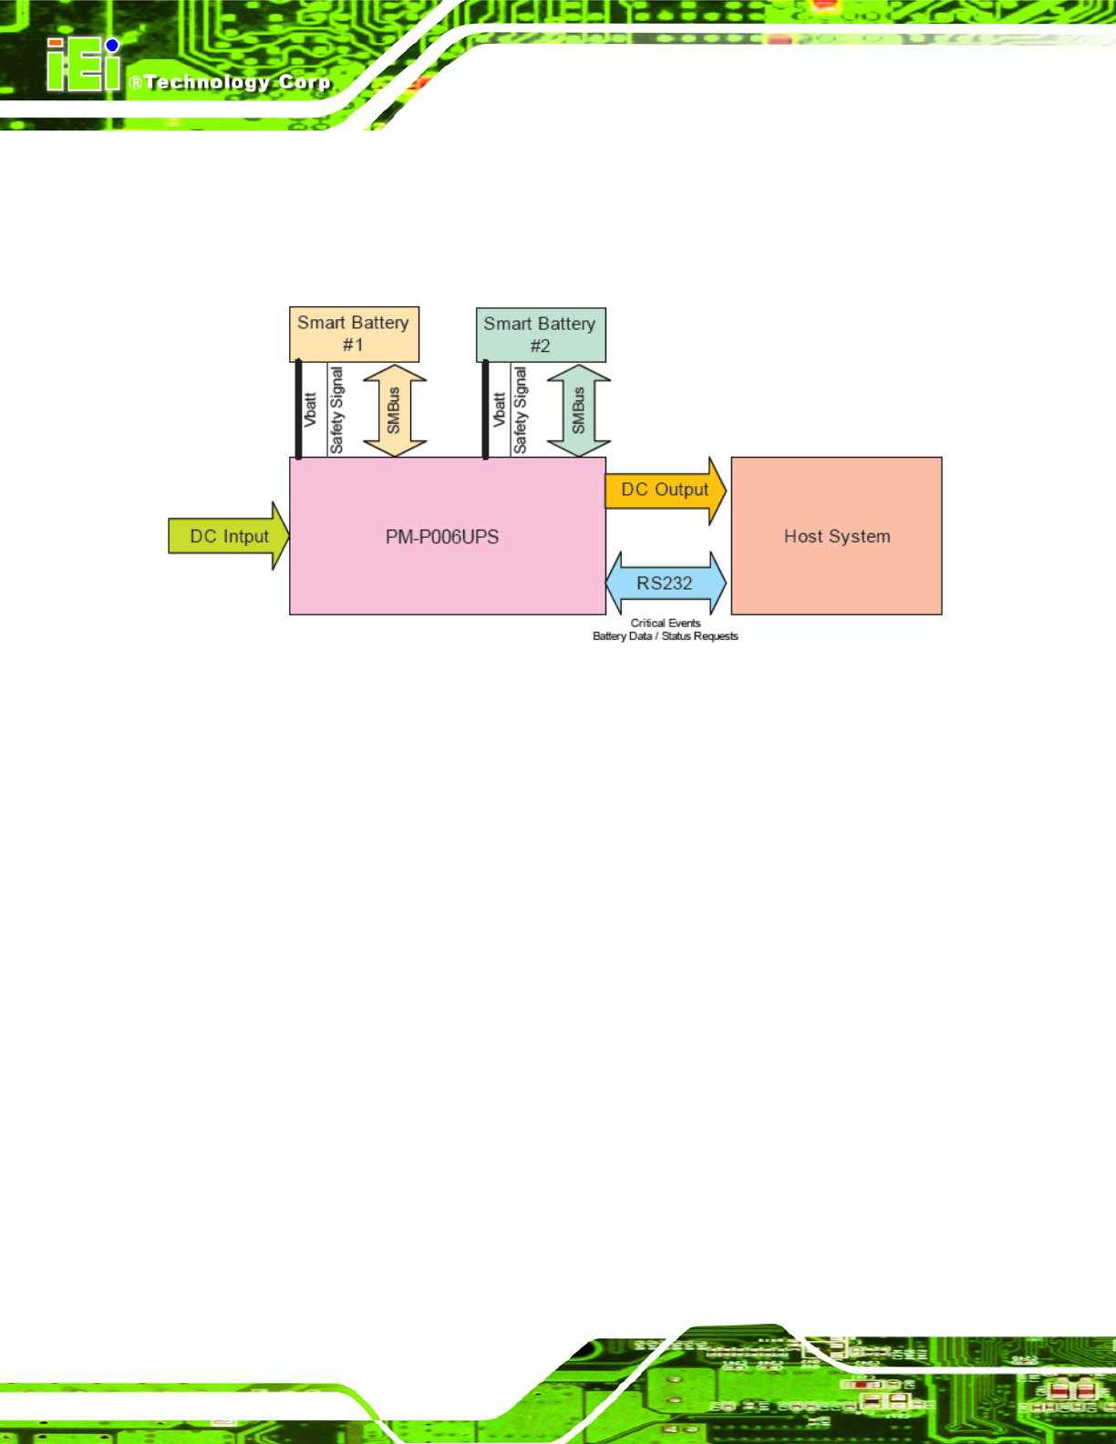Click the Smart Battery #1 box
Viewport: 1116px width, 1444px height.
click(x=354, y=334)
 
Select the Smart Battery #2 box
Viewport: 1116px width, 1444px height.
click(x=540, y=335)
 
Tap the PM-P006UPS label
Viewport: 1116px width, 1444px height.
click(x=442, y=537)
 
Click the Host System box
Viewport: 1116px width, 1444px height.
click(x=836, y=536)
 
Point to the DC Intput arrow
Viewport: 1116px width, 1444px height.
click(x=229, y=536)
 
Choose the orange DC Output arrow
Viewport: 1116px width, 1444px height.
click(x=665, y=490)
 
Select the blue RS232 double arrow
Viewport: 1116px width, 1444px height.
click(x=666, y=583)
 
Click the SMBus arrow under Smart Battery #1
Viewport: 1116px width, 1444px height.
click(x=395, y=410)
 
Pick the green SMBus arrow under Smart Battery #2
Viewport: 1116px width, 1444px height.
click(x=579, y=410)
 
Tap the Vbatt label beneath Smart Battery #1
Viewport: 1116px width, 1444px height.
click(x=310, y=410)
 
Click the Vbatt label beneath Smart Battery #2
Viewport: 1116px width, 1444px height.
click(x=499, y=410)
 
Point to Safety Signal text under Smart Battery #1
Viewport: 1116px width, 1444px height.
click(x=336, y=410)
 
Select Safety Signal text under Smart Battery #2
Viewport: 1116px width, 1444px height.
click(x=521, y=410)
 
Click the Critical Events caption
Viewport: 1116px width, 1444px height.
click(x=666, y=624)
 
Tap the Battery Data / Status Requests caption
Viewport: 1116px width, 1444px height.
click(x=666, y=636)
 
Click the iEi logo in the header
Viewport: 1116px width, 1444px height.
click(x=83, y=66)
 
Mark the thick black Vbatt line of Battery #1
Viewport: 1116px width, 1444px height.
click(x=298, y=410)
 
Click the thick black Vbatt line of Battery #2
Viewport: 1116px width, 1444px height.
click(x=485, y=410)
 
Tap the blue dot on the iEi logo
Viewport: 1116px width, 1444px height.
click(x=112, y=46)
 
